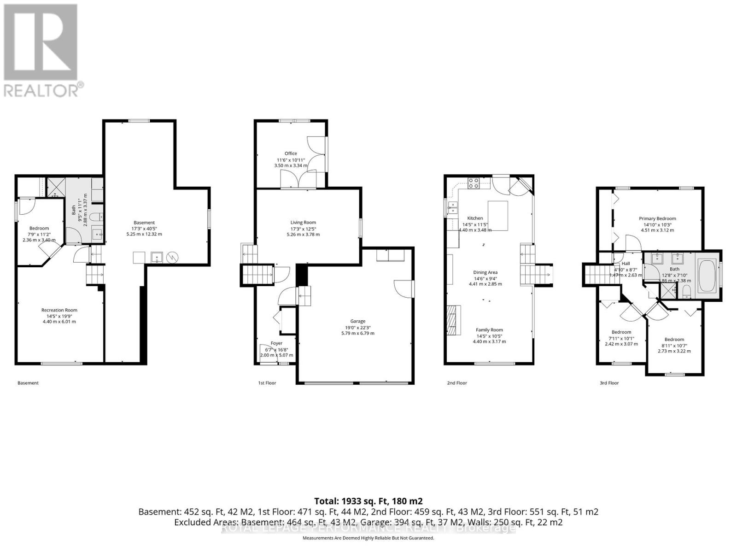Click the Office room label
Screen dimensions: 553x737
tap(291, 153)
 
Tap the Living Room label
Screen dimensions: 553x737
tap(303, 223)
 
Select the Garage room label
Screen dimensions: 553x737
tap(357, 321)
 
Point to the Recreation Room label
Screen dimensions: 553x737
tap(59, 310)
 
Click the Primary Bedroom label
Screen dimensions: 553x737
tap(657, 218)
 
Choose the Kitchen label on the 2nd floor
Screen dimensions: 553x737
tap(475, 218)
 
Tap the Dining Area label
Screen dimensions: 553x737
tap(485, 272)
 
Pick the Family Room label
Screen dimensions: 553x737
tap(489, 330)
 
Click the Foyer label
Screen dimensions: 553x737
tap(276, 343)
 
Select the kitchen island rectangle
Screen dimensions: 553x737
tap(497, 215)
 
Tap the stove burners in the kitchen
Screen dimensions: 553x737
tap(474, 183)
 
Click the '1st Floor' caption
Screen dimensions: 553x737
tap(267, 383)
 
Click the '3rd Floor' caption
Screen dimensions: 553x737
tap(609, 383)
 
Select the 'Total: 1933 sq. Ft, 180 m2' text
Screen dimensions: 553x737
tap(368, 501)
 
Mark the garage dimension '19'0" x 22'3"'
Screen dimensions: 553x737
tap(358, 327)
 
